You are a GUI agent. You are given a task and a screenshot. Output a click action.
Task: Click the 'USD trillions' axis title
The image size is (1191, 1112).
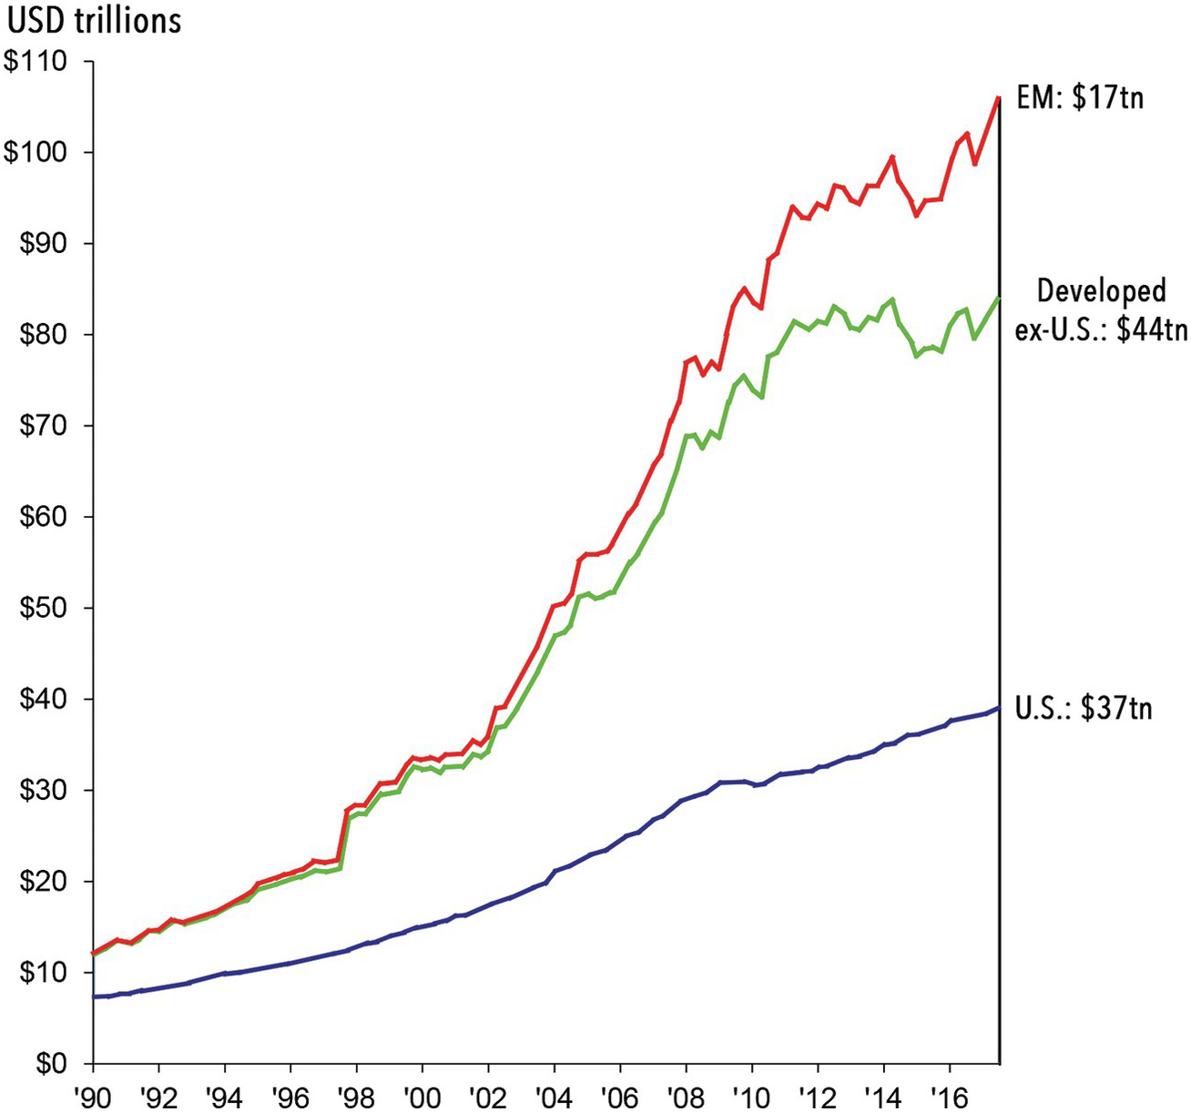pos(93,19)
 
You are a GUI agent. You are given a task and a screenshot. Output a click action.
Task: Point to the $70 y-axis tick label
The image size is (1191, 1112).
pos(41,426)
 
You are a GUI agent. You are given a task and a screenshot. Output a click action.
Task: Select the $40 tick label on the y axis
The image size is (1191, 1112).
pos(41,699)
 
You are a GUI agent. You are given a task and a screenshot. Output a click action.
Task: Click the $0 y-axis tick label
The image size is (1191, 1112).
pos(47,1064)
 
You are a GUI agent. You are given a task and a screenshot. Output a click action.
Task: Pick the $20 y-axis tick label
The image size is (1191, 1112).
pos(41,882)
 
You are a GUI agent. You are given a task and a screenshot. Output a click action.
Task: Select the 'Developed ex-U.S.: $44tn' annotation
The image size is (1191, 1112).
pos(1101,309)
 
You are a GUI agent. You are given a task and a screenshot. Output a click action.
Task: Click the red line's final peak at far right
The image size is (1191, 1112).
pos(999,97)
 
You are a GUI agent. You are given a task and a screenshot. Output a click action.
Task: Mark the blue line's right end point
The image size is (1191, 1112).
pos(999,708)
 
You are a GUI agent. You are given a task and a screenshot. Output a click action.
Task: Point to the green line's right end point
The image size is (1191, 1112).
pos(999,298)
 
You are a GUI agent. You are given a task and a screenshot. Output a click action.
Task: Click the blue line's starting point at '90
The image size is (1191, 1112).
pos(94,996)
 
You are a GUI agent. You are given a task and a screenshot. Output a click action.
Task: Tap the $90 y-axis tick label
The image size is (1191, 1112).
pos(41,243)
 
